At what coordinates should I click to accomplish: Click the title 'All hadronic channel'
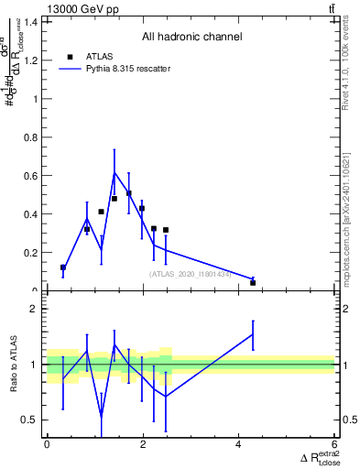tap(191, 37)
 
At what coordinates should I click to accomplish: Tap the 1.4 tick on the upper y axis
tap(35, 22)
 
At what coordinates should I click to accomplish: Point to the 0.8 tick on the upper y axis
tap(35, 137)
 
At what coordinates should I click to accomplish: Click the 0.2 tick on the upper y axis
tap(35, 253)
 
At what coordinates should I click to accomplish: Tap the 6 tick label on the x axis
tap(334, 444)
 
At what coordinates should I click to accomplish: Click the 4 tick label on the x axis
tap(238, 444)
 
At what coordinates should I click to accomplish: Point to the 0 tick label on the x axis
tap(47, 444)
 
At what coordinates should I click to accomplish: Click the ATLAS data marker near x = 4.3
tap(253, 282)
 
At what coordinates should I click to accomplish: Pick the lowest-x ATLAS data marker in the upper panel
tap(62, 267)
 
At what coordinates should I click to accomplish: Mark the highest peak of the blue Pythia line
tap(115, 172)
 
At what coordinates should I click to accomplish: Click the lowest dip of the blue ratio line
tap(101, 417)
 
